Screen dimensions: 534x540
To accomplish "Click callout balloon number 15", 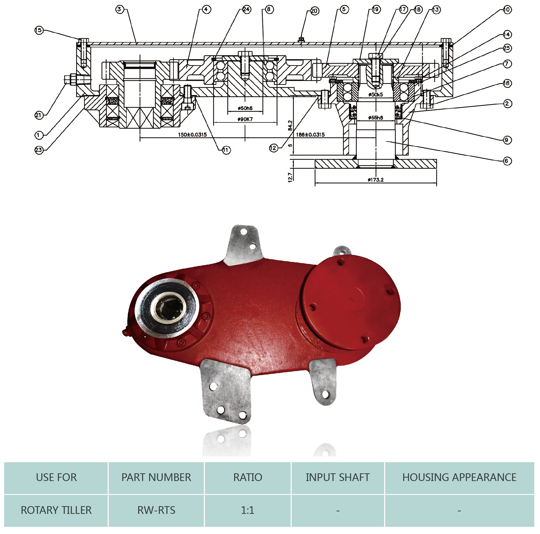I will tap(39, 30).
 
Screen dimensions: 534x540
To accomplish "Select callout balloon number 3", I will tap(119, 9).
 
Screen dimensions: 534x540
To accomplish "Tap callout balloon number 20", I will tap(314, 11).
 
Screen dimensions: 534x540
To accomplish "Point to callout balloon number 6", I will tap(506, 161).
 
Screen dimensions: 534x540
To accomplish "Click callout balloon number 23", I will tap(39, 150).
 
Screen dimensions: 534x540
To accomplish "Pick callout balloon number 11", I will tap(226, 150).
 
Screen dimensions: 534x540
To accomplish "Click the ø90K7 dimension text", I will tap(245, 119).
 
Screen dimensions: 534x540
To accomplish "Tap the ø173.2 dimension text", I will tap(375, 180).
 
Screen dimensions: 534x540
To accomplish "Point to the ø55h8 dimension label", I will tap(375, 118).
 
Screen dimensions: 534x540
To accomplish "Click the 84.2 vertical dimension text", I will tap(290, 125).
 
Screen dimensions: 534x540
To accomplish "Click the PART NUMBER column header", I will tap(156, 477).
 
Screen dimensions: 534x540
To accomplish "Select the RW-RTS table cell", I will tap(156, 510).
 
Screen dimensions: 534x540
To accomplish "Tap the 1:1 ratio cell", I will tap(248, 510).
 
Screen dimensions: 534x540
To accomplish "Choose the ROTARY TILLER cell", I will tap(56, 510).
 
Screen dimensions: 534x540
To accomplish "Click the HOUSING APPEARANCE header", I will tap(459, 477).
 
